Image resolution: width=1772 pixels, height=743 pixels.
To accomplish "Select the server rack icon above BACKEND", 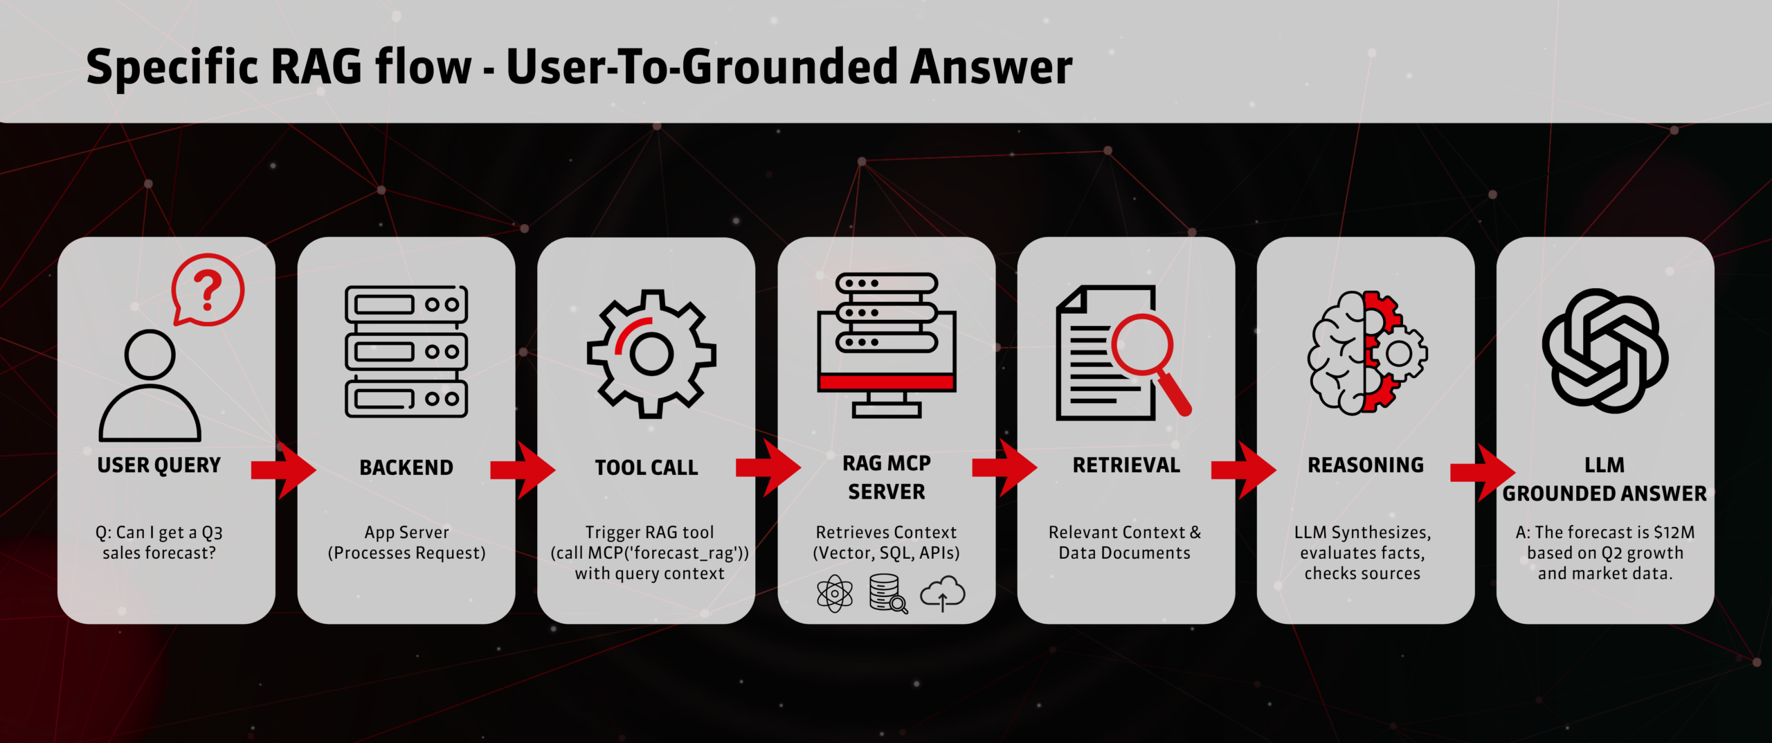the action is tap(406, 351).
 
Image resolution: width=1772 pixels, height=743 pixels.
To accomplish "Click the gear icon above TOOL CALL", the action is tap(651, 354).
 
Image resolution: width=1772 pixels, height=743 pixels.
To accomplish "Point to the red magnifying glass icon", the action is tap(1150, 362).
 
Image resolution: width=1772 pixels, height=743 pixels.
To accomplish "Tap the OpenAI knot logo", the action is tap(1605, 350).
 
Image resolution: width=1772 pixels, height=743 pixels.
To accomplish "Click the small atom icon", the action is tap(835, 593).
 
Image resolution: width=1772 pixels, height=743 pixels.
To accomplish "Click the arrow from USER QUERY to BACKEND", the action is tap(283, 470).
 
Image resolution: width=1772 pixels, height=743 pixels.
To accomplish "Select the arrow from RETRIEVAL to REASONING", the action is tap(1243, 470).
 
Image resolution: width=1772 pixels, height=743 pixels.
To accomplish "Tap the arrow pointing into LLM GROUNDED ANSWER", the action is tap(1483, 472).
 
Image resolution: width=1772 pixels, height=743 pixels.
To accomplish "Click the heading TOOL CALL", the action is tap(647, 468).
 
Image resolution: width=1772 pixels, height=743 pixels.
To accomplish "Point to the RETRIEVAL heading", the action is tap(1126, 465).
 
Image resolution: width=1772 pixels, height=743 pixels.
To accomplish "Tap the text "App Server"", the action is tap(406, 532).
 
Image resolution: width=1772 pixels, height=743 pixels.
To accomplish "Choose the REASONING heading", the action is tap(1366, 465).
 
